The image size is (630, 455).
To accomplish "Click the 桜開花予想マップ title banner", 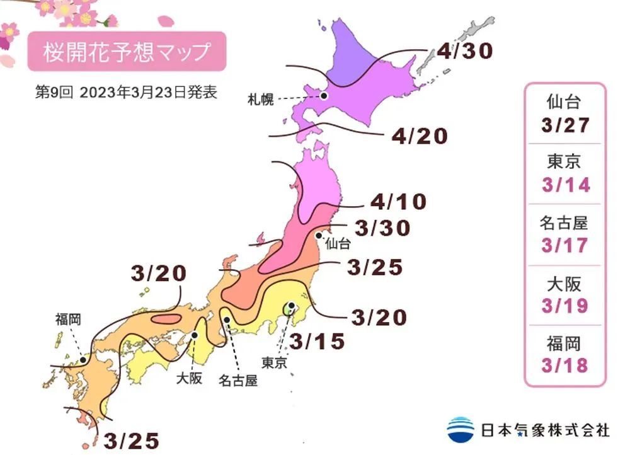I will (126, 52).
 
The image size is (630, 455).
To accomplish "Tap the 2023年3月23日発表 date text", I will (149, 92).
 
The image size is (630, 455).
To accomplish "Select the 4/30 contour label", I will (464, 50).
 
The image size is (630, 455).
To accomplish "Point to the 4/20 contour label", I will (420, 135).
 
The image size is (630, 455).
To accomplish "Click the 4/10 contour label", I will (398, 202).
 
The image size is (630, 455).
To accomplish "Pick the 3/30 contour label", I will (382, 228).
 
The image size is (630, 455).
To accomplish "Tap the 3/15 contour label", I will (318, 342).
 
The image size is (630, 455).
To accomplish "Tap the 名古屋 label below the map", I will (238, 381).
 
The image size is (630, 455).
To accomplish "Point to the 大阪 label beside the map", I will (189, 379).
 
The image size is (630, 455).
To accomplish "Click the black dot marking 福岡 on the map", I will (83, 360).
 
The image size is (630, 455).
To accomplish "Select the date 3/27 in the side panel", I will (565, 125).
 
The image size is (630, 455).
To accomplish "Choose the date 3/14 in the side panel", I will (565, 185).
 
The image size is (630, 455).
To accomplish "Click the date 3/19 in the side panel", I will (565, 306).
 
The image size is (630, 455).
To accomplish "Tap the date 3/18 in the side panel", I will (565, 366).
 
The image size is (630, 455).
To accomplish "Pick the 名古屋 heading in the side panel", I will (565, 222).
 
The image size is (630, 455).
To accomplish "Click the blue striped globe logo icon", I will (461, 430).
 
